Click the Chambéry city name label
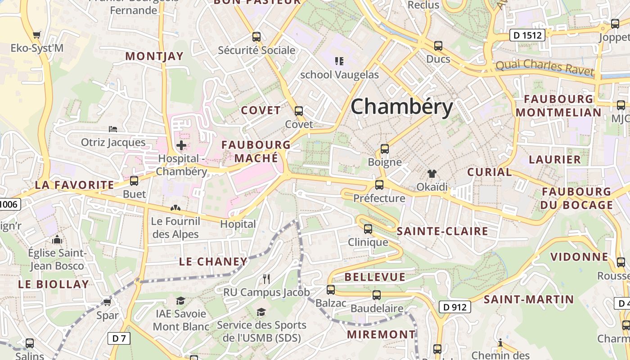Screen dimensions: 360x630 [x=401, y=107]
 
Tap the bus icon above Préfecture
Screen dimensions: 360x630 [x=379, y=184]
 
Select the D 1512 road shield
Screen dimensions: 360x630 [x=527, y=35]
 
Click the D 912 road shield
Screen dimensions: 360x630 [x=454, y=307]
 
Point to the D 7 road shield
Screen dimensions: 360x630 [x=119, y=338]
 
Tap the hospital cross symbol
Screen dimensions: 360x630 [x=181, y=145]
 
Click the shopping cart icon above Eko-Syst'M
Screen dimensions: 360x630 [x=37, y=35]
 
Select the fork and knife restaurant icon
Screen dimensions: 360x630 [x=266, y=279]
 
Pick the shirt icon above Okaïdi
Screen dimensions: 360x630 [x=432, y=173]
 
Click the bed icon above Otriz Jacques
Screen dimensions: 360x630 [x=113, y=129]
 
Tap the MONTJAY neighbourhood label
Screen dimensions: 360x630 [x=154, y=56]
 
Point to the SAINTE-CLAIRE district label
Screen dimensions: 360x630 [x=442, y=231]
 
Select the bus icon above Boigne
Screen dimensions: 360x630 [x=384, y=148]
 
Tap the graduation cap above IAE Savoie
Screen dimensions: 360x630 [x=180, y=300]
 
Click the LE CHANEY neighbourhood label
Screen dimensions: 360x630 [x=213, y=261]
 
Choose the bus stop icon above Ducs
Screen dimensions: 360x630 [x=438, y=45]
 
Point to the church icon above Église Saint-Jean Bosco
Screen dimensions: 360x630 [x=57, y=239]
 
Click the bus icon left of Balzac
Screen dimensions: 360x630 [x=331, y=289]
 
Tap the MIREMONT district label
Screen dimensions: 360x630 [x=382, y=334]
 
